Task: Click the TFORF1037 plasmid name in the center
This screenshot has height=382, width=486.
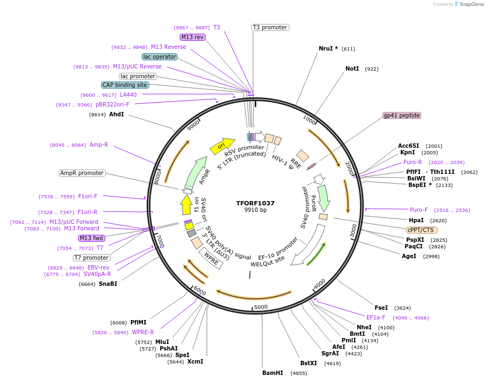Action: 255,203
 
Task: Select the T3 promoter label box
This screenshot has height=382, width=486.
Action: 270,27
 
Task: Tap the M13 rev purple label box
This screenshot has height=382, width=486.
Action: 193,37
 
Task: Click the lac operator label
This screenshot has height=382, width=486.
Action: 160,57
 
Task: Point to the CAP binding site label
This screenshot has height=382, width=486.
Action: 124,85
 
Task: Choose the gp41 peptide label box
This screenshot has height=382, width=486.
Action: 402,115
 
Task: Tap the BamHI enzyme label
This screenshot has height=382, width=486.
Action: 273,373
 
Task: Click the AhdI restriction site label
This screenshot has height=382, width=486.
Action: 116,115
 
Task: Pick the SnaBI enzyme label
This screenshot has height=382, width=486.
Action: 108,284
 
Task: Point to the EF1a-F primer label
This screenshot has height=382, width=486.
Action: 376,317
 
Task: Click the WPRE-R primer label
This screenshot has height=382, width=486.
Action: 143,332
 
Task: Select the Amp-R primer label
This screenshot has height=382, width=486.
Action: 99,145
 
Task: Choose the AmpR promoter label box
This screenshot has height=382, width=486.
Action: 82,173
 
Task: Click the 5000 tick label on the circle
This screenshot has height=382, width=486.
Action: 261,307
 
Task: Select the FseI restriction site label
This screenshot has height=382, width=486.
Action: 381,308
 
